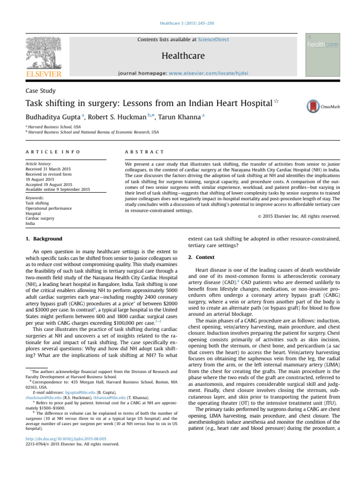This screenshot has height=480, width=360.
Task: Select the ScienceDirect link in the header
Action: pyautogui.click(x=213, y=40)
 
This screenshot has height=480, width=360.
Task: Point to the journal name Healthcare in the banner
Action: pyautogui.click(x=183, y=56)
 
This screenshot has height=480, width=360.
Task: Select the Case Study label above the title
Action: pyautogui.click(x=41, y=90)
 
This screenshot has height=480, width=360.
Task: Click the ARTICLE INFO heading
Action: pyautogui.click(x=52, y=152)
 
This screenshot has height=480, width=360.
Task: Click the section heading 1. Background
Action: pyautogui.click(x=44, y=239)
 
